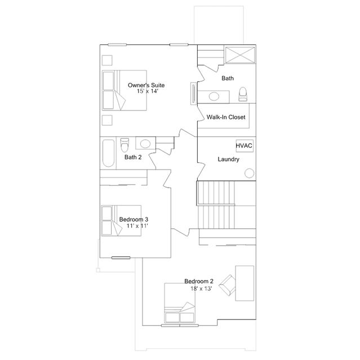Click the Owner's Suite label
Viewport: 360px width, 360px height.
click(x=146, y=85)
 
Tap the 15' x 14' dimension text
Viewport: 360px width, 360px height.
click(x=148, y=91)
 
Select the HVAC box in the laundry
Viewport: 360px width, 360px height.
click(x=245, y=146)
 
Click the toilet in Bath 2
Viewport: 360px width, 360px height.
click(x=125, y=145)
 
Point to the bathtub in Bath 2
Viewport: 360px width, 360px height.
click(x=108, y=153)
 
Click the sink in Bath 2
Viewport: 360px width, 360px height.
click(x=145, y=144)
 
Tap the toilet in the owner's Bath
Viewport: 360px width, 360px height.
click(x=243, y=94)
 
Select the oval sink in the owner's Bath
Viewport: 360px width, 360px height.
click(x=214, y=96)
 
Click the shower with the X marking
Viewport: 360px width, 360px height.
click(x=240, y=55)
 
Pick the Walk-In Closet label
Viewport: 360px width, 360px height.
click(x=226, y=117)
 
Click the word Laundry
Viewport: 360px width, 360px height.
click(x=228, y=159)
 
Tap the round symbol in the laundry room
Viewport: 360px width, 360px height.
click(x=250, y=173)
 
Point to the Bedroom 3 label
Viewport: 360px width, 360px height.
click(x=134, y=220)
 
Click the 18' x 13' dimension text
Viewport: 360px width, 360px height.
click(x=201, y=288)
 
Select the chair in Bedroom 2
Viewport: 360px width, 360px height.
click(x=227, y=285)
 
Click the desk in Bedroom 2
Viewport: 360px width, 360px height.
click(x=245, y=283)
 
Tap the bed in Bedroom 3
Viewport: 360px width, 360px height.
click(x=121, y=221)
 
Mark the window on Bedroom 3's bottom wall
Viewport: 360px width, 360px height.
click(x=121, y=258)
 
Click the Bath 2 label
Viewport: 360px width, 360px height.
click(x=133, y=157)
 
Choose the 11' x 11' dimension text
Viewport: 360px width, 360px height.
click(x=137, y=226)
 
